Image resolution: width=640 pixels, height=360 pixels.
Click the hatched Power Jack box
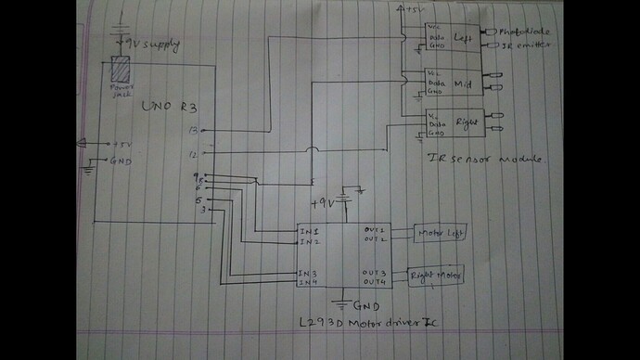(120, 69)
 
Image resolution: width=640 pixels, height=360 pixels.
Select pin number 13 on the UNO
(193, 131)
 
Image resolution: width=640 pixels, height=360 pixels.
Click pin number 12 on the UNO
(193, 154)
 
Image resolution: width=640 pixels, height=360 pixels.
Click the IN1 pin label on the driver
(309, 230)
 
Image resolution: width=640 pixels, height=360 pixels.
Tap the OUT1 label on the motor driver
(373, 229)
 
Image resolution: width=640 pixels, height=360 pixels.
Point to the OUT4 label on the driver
(373, 281)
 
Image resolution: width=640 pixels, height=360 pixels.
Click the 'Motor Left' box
(439, 233)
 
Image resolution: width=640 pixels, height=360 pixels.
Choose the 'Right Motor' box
(435, 275)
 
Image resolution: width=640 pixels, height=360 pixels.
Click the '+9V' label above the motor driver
(322, 200)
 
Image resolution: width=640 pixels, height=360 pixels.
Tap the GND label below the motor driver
(365, 304)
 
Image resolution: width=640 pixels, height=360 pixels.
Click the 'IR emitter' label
(522, 45)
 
